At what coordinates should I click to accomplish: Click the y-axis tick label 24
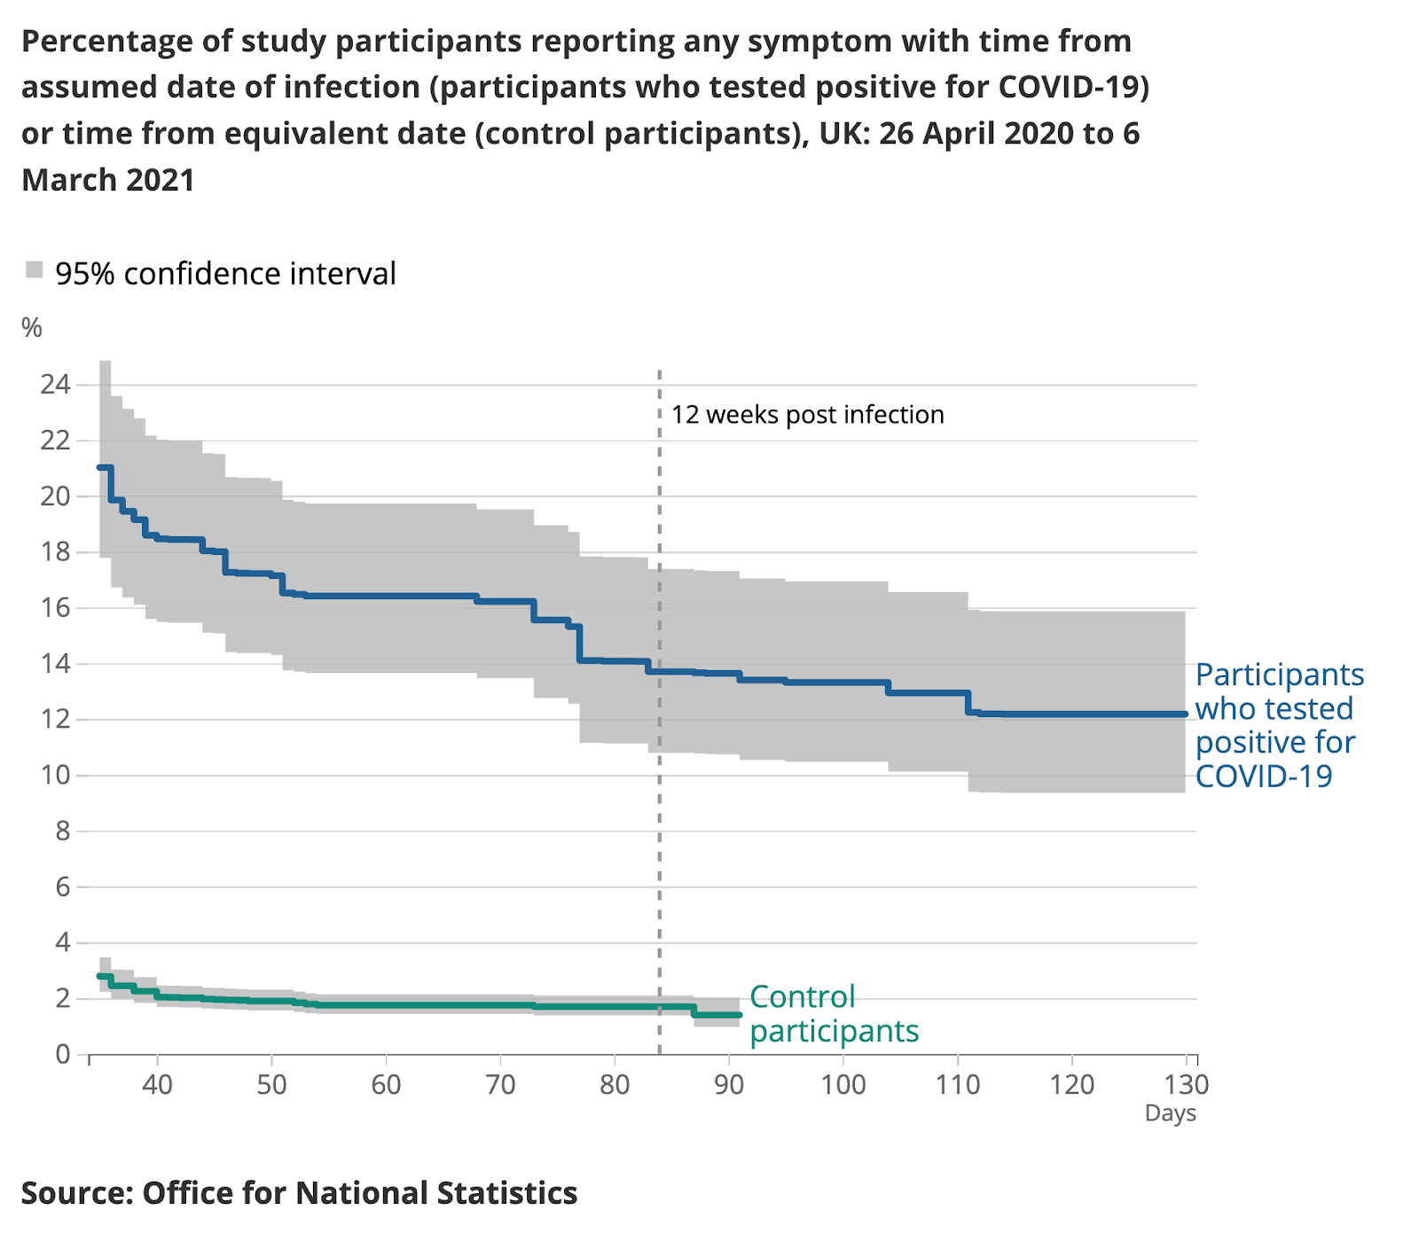pyautogui.click(x=55, y=385)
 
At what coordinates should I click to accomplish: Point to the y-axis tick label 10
pyautogui.click(x=55, y=776)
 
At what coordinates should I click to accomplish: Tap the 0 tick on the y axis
pyautogui.click(x=63, y=1055)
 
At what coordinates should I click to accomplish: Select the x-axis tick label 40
pyautogui.click(x=157, y=1085)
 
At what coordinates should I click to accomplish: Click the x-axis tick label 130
pyautogui.click(x=1187, y=1085)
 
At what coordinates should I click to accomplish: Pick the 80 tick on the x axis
pyautogui.click(x=615, y=1085)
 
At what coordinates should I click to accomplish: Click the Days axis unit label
pyautogui.click(x=1170, y=1114)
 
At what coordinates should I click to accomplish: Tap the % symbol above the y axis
pyautogui.click(x=32, y=328)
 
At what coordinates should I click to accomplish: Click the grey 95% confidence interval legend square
pyautogui.click(x=35, y=270)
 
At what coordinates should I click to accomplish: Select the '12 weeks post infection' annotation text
pyautogui.click(x=807, y=415)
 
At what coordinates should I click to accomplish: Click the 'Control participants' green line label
pyautogui.click(x=833, y=1014)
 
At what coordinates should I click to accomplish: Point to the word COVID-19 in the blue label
pyautogui.click(x=1264, y=777)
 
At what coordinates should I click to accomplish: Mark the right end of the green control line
pyautogui.click(x=739, y=1015)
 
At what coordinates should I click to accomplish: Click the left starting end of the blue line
pyautogui.click(x=100, y=467)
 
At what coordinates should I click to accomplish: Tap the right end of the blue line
pyautogui.click(x=1185, y=714)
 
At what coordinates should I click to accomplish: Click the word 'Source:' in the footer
pyautogui.click(x=76, y=1193)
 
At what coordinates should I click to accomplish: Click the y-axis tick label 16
pyautogui.click(x=55, y=608)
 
